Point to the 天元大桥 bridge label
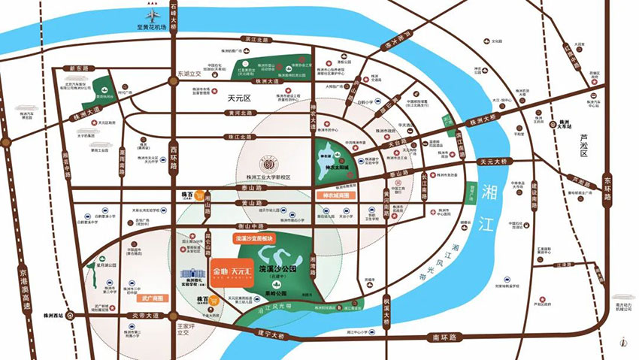493,162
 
